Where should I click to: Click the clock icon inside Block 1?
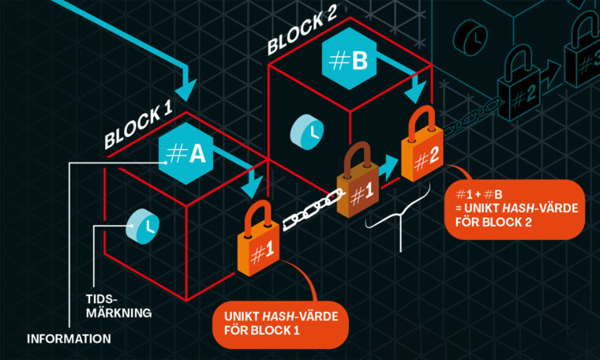click(143, 225)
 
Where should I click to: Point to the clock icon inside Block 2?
click(306, 130)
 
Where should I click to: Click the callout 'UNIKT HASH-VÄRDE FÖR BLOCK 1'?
click(279, 324)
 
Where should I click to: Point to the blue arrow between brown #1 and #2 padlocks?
click(388, 167)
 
